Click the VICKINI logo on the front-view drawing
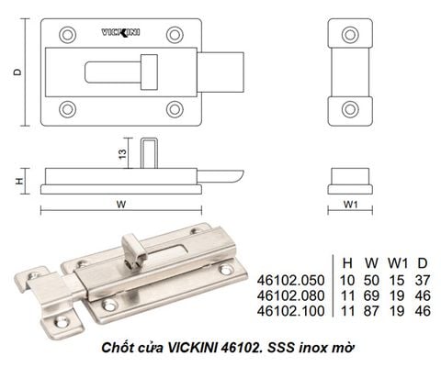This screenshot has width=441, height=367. [x=120, y=32]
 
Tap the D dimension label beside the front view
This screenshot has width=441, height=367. [x=18, y=72]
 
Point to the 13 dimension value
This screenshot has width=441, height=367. [x=122, y=153]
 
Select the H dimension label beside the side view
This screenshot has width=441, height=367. [x=19, y=181]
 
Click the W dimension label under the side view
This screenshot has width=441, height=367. [x=121, y=204]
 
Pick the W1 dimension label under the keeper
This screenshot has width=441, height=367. [x=350, y=204]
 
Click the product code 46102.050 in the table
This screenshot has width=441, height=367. [x=290, y=280]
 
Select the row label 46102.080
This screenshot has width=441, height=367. [x=290, y=295]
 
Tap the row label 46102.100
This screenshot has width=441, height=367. [x=290, y=311]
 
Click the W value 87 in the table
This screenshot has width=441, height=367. [x=371, y=311]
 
